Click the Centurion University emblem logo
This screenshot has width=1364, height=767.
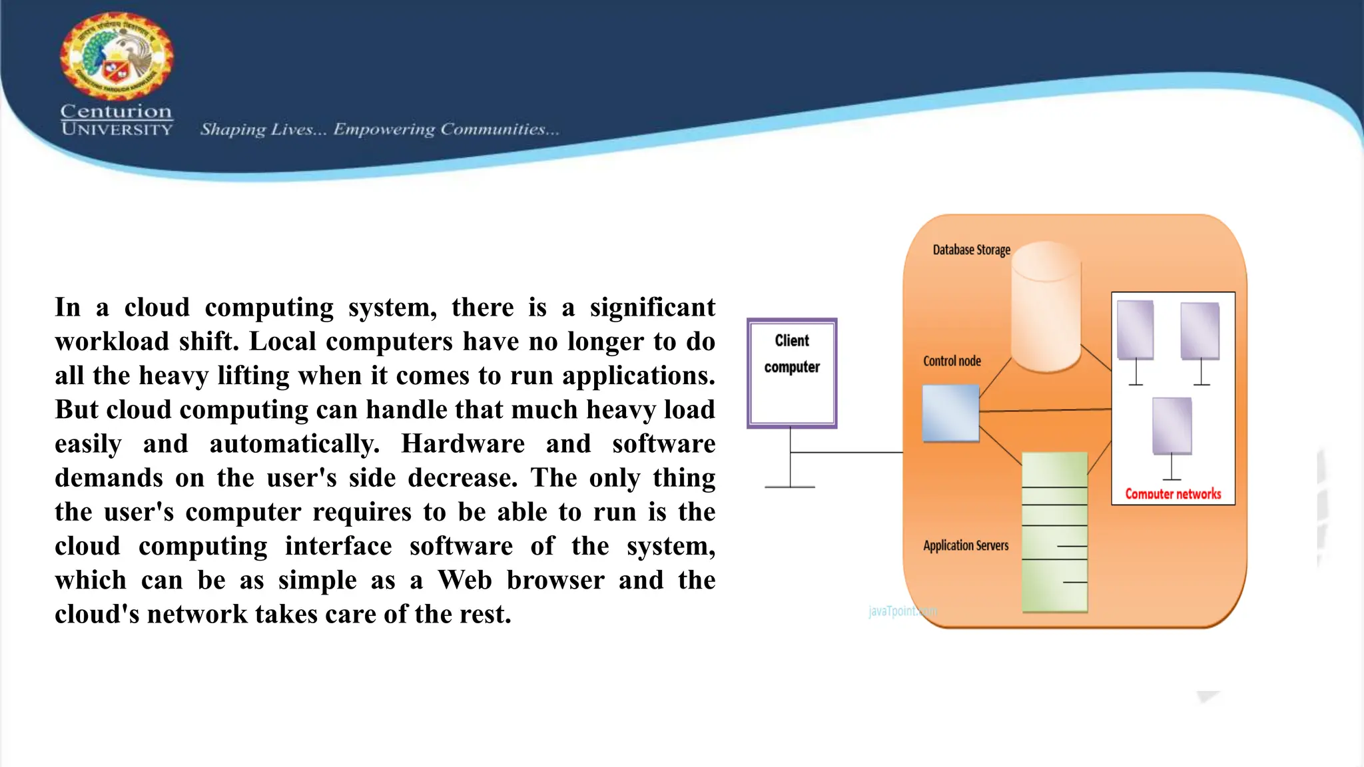[117, 57]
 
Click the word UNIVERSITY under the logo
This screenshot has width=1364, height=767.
[117, 129]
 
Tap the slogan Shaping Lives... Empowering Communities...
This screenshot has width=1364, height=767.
[380, 129]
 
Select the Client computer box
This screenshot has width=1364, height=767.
[791, 373]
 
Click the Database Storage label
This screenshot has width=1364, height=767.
[971, 250]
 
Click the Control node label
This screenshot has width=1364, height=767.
[952, 361]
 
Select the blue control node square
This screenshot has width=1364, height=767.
[950, 413]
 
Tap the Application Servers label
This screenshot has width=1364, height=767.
[966, 545]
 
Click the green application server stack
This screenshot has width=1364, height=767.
[1054, 533]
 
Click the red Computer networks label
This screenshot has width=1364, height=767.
[1173, 494]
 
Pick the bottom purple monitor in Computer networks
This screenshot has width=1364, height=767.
[1172, 426]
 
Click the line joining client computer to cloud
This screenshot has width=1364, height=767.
[846, 452]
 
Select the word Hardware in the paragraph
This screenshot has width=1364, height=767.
[462, 443]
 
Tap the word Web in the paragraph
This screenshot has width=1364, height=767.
[464, 580]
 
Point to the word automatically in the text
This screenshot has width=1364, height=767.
[294, 443]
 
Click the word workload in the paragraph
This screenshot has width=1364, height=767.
[112, 341]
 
